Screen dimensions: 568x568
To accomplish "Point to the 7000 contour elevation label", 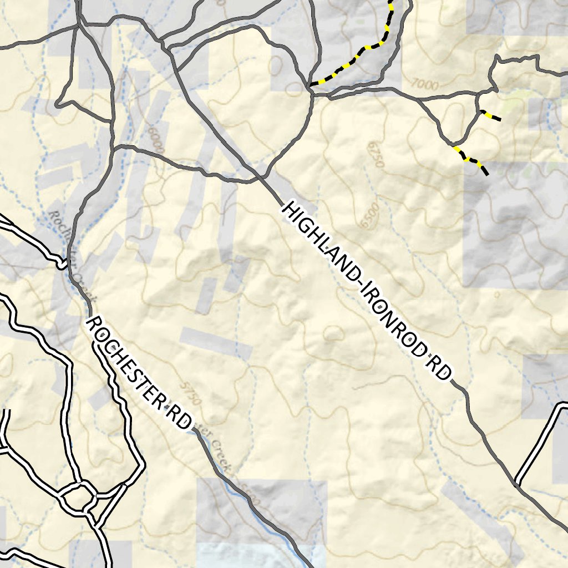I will pyautogui.click(x=425, y=85).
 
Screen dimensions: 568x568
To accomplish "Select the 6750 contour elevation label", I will pyautogui.click(x=376, y=154).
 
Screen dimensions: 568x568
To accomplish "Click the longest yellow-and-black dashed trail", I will pyautogui.click(x=366, y=50).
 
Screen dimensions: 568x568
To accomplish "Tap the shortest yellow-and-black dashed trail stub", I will pyautogui.click(x=491, y=116).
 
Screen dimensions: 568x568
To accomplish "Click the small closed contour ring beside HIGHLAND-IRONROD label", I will pyautogui.click(x=334, y=333).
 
